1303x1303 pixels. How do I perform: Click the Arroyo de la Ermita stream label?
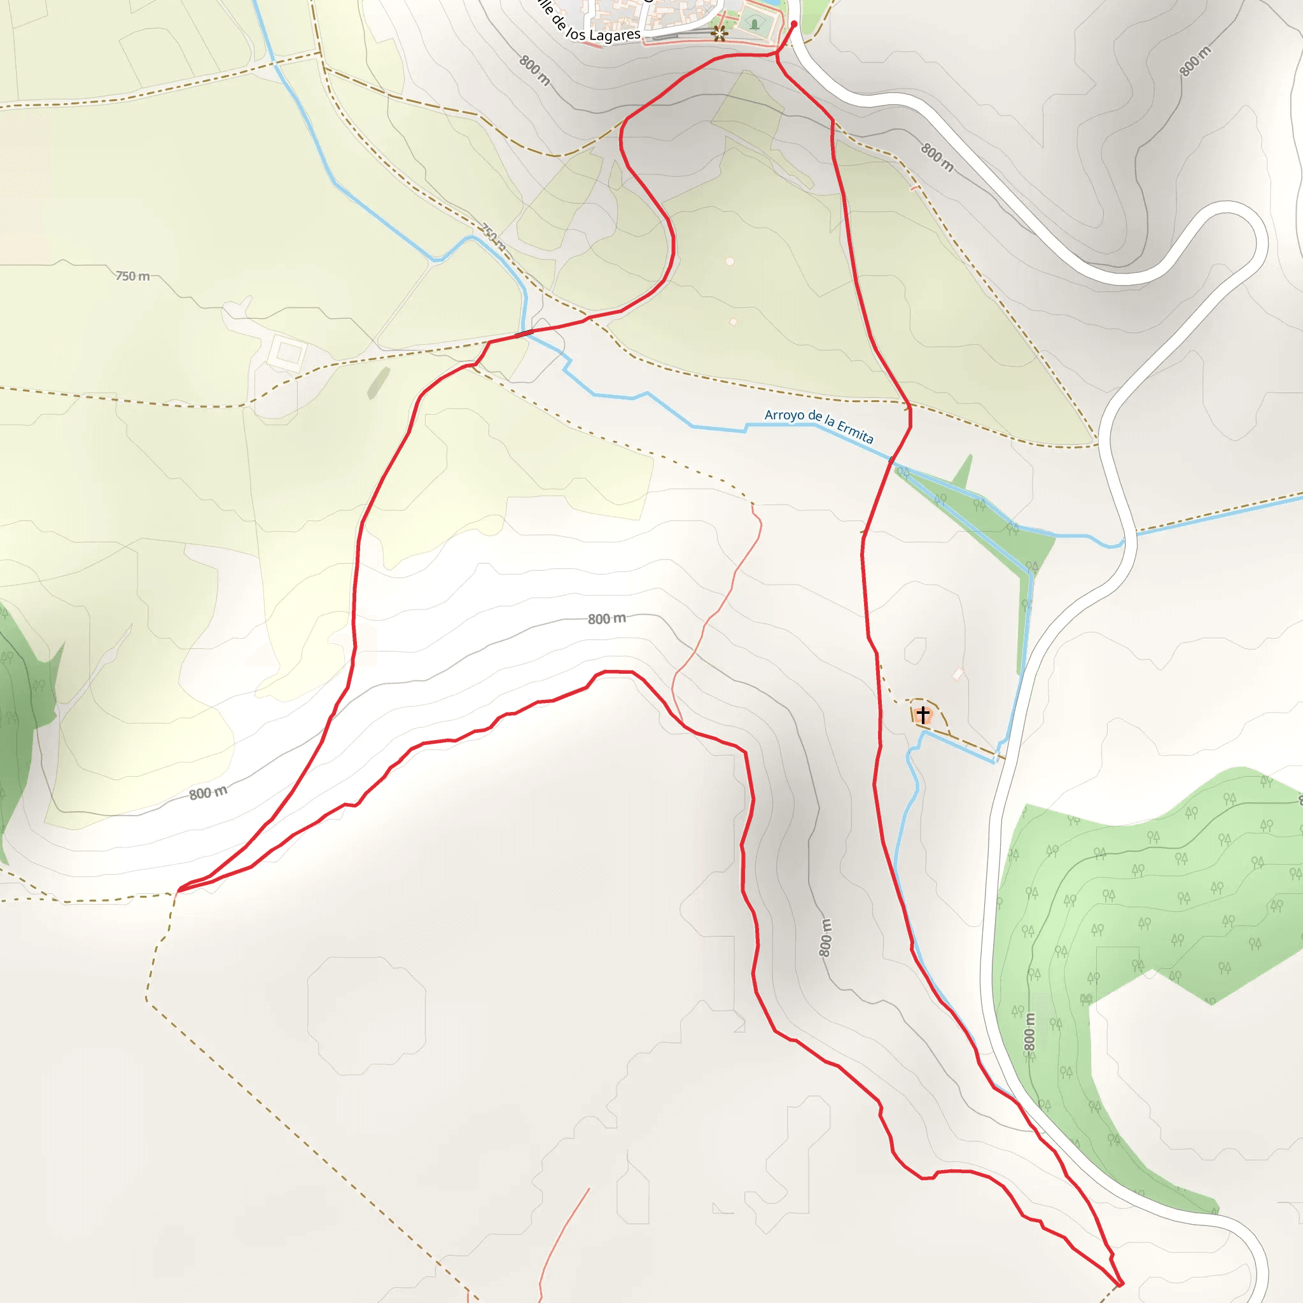[818, 426]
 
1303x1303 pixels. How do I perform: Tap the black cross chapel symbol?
[923, 714]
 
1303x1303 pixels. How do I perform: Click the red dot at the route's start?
[794, 24]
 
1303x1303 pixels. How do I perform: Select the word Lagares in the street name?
[615, 35]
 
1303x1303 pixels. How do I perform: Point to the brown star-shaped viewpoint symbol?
[720, 33]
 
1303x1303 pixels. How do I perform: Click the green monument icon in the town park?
[754, 25]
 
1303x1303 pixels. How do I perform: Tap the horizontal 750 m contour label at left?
[133, 276]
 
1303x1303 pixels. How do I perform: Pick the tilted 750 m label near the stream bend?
[493, 237]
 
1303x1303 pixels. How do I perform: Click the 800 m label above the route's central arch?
[606, 618]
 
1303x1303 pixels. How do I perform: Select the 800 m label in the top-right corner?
[1195, 61]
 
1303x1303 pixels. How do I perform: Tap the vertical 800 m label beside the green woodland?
[1029, 1032]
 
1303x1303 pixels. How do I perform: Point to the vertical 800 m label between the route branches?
[825, 937]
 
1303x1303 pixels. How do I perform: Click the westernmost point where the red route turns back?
[178, 891]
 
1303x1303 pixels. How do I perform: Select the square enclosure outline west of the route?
[289, 352]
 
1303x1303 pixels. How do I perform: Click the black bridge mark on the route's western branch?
[524, 333]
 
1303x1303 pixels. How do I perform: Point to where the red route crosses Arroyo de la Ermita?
[892, 459]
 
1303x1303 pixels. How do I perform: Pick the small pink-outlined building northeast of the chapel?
[958, 673]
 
